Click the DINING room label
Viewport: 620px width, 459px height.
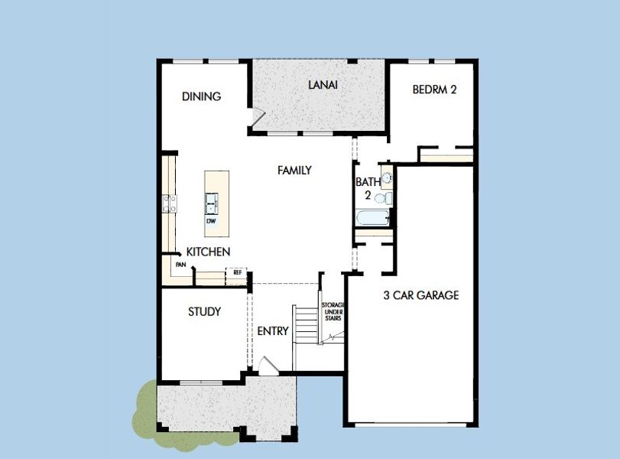tap(201, 96)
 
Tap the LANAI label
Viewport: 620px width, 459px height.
tap(323, 84)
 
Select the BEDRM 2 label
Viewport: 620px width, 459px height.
tap(434, 90)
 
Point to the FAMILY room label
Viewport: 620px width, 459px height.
tap(294, 170)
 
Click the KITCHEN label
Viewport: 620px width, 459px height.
tap(208, 252)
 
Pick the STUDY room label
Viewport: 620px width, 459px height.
tap(204, 311)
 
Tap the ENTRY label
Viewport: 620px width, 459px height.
tap(273, 331)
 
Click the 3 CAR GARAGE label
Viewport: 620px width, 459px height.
tap(420, 295)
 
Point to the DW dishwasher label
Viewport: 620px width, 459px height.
tap(210, 221)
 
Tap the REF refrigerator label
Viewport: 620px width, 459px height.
tap(237, 272)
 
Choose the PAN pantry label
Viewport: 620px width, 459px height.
tap(180, 265)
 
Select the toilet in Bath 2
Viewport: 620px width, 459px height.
tap(385, 198)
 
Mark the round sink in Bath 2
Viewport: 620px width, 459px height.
tap(386, 179)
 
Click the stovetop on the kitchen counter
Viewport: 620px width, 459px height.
tap(169, 203)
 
